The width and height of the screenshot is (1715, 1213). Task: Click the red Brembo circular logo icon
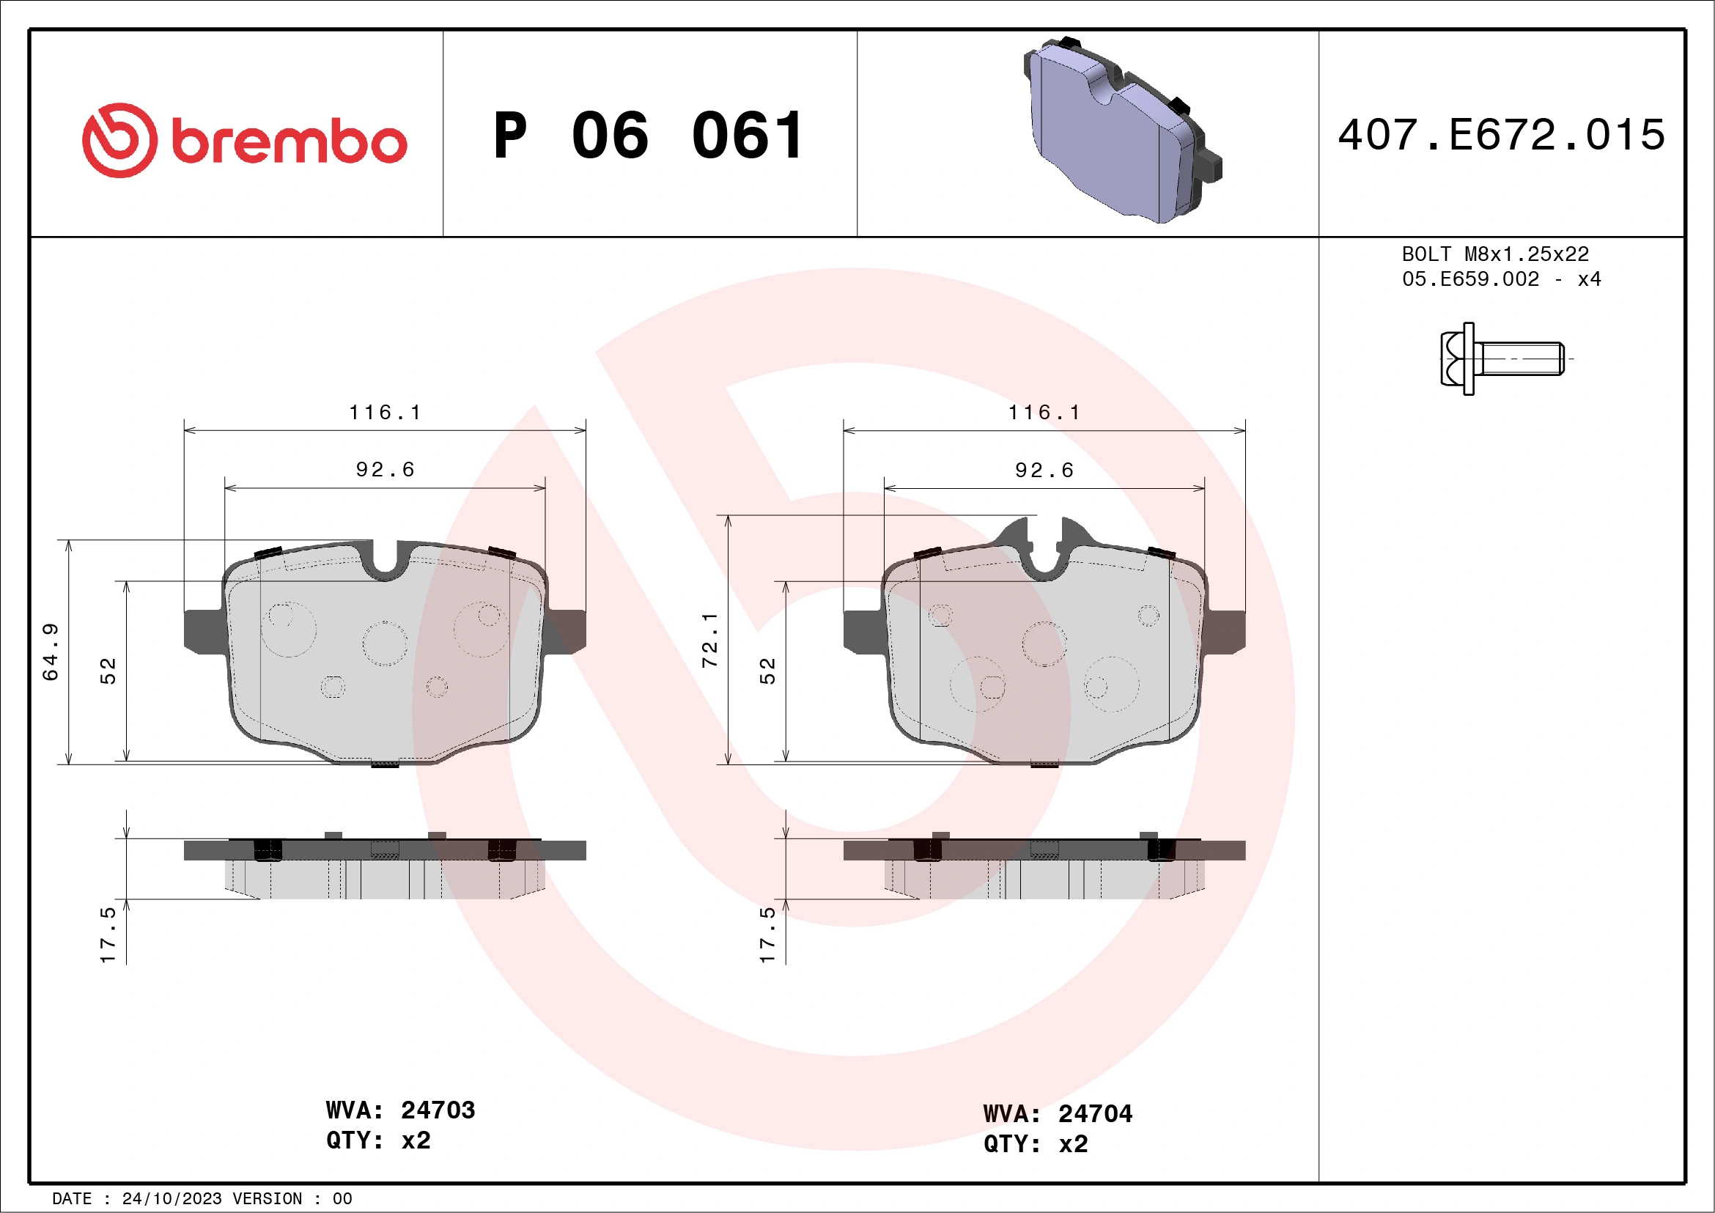(x=119, y=141)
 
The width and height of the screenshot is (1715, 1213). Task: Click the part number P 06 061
(x=649, y=136)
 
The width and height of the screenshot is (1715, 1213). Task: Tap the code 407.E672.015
(x=1502, y=135)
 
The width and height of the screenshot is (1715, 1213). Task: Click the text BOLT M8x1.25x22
(x=1494, y=254)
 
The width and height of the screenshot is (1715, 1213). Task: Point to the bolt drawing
(x=1502, y=358)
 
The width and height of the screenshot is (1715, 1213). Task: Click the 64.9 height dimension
(x=50, y=652)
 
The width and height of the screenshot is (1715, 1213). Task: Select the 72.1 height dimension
(x=709, y=640)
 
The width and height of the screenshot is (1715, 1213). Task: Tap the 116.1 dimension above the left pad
(x=386, y=413)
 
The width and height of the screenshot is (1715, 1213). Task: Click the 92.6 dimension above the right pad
(x=1044, y=470)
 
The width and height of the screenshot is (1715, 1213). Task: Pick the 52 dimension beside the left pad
(x=109, y=671)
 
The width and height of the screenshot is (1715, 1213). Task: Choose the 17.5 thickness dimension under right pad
(x=768, y=934)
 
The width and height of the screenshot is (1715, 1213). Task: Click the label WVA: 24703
(x=400, y=1110)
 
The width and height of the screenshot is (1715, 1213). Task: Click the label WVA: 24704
(x=1058, y=1113)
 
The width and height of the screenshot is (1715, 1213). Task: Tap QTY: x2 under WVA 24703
(x=378, y=1140)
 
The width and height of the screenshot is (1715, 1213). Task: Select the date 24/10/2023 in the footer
(x=171, y=1198)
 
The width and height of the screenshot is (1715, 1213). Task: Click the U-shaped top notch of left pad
(x=386, y=561)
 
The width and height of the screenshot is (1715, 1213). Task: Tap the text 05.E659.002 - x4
(x=1501, y=279)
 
